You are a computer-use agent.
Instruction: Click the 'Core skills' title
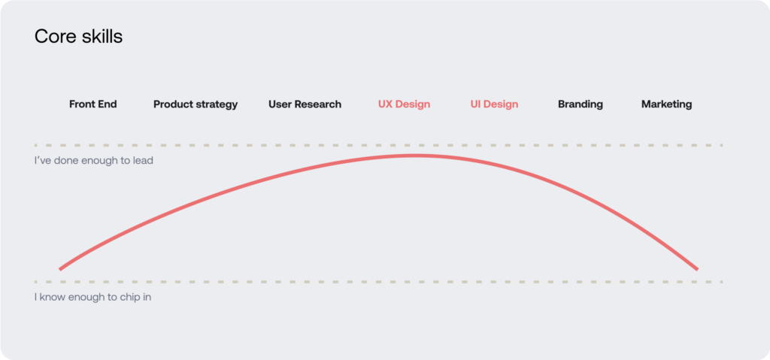point(78,36)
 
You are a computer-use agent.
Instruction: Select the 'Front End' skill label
point(92,104)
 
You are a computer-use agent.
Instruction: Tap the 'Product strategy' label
point(196,104)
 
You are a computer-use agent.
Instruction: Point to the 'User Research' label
point(305,104)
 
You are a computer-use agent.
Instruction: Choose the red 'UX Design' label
point(404,104)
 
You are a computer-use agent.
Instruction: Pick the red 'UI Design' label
point(494,104)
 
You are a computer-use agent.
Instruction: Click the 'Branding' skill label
point(581,104)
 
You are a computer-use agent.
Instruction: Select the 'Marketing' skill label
point(666,104)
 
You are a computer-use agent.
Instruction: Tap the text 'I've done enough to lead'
point(94,161)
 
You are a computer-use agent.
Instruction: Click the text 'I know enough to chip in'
point(92,297)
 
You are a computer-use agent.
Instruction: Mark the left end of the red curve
point(60,269)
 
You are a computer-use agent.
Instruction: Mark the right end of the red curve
point(697,269)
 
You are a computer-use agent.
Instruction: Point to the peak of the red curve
point(413,156)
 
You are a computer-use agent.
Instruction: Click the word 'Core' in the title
point(53,37)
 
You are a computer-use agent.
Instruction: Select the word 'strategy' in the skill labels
point(217,105)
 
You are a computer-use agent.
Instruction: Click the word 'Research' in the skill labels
point(319,104)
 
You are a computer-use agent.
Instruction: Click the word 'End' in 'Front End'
point(108,104)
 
